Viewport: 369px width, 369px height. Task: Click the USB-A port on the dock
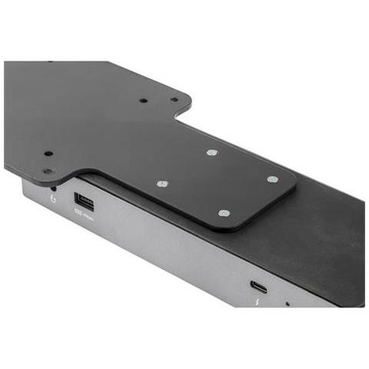point(82,203)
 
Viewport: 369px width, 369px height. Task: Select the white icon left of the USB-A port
point(52,198)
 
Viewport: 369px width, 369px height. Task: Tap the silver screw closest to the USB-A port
point(162,184)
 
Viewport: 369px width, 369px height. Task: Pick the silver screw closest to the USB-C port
point(224,212)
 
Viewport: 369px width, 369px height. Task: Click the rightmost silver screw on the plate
point(272,179)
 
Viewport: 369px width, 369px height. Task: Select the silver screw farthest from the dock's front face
point(213,152)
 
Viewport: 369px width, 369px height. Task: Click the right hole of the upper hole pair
point(174,99)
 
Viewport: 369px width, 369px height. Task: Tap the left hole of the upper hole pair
point(143,100)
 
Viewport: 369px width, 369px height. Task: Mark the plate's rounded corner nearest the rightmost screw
point(292,184)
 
